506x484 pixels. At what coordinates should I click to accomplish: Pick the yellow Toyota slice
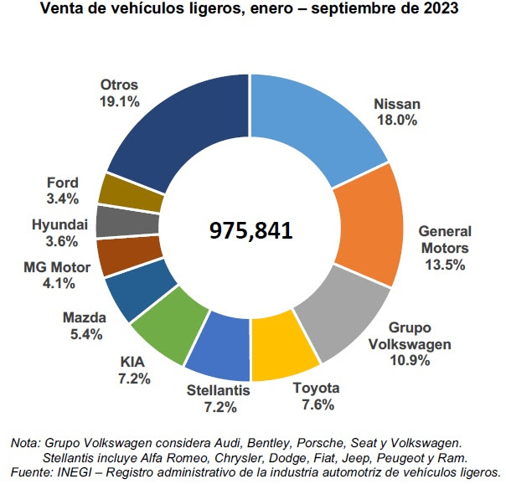click(x=283, y=348)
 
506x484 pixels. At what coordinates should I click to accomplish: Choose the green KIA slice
click(x=168, y=329)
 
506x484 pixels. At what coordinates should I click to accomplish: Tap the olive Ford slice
click(x=121, y=193)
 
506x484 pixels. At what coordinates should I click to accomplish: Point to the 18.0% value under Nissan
click(x=396, y=121)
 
